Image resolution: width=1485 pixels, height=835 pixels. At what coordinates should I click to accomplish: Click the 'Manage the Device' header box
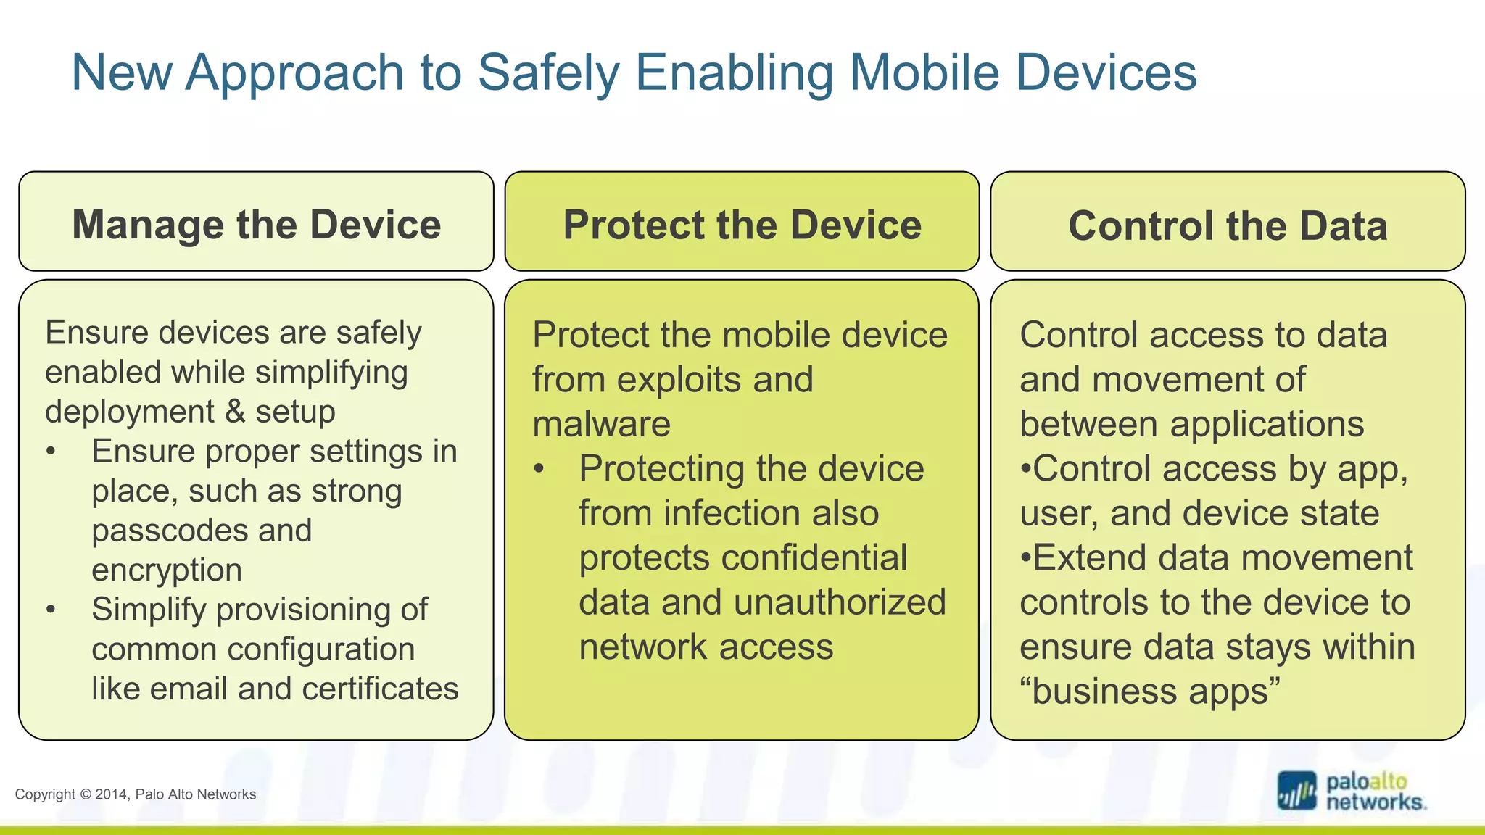point(256,223)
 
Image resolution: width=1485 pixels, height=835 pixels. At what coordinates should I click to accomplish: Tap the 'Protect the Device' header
point(742,223)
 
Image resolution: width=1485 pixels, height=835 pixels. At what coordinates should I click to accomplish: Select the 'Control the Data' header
point(1228,225)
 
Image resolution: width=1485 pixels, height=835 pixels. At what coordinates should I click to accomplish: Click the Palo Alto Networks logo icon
point(1296,791)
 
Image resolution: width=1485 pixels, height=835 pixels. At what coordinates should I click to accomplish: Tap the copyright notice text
point(136,794)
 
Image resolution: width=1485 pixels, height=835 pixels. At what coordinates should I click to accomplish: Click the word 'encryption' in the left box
point(167,570)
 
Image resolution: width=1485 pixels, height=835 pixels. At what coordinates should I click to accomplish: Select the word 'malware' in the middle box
point(601,424)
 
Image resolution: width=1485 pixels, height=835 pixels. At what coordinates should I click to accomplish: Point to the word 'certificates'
point(380,689)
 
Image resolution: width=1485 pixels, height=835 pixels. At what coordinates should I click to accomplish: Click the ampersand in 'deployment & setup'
point(235,412)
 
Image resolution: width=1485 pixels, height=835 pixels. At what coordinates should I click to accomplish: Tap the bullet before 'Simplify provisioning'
point(50,610)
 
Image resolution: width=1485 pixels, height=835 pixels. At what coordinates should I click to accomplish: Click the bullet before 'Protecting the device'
point(538,469)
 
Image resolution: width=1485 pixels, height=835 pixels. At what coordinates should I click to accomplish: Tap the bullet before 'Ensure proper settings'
point(50,452)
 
